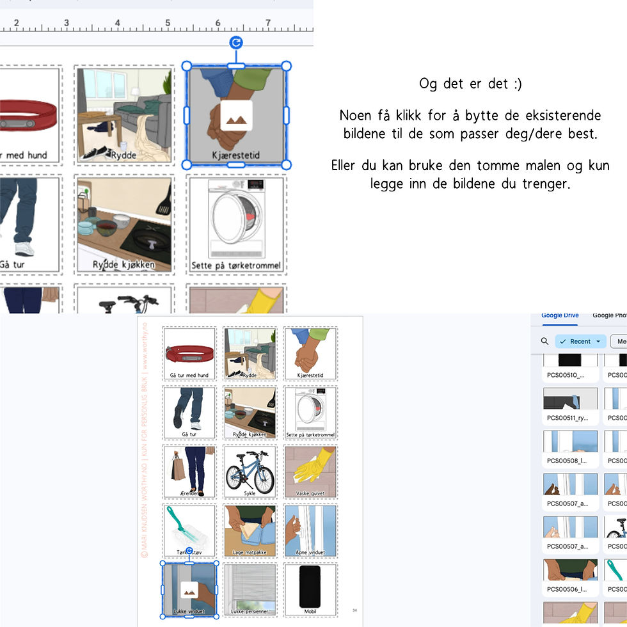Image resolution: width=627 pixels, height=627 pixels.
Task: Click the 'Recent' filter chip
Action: pos(580,341)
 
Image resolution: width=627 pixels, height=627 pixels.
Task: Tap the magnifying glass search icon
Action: pos(544,341)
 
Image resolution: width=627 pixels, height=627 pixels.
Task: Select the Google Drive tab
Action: pos(560,315)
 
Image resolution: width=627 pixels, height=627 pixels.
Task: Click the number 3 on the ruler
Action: pos(67,23)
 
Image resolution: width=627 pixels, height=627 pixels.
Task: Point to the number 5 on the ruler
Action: pos(168,23)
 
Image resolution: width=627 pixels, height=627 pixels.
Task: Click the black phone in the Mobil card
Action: pos(310,586)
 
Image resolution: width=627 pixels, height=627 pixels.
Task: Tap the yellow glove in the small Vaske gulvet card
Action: pos(318,463)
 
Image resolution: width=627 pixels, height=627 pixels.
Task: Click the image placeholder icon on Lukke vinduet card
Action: pos(189,590)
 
